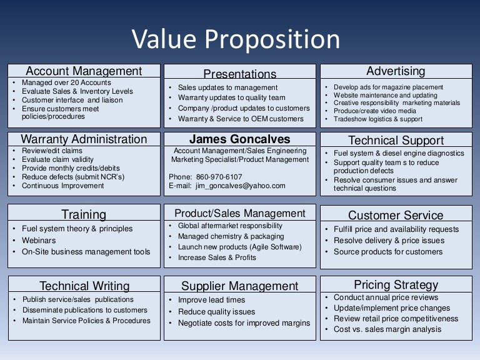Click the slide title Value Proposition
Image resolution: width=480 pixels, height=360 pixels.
236,39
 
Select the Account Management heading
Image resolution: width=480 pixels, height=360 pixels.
84,71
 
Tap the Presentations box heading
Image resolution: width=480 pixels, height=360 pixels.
239,74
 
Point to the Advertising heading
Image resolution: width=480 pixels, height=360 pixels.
396,71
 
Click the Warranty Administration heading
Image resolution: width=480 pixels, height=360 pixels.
84,139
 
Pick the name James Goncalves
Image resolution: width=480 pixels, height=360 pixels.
239,139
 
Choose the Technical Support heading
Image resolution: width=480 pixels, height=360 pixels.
396,140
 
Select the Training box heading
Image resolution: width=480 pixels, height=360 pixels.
84,215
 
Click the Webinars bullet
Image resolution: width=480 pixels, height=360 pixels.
39,240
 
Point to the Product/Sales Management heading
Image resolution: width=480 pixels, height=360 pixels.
239,213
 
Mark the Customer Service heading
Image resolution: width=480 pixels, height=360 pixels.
396,216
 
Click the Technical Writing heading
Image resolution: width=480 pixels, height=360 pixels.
84,286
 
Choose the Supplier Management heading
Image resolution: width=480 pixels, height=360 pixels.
239,286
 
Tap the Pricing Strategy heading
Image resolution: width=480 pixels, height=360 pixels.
396,285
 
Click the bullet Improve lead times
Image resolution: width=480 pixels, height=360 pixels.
211,300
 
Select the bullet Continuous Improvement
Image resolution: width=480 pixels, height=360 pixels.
62,186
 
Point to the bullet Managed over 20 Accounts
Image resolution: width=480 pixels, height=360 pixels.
66,82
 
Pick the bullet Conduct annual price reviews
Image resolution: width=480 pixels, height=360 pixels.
386,297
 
